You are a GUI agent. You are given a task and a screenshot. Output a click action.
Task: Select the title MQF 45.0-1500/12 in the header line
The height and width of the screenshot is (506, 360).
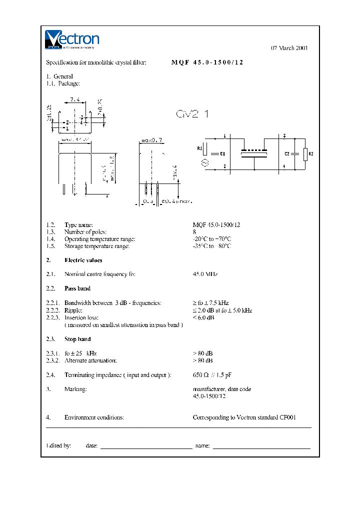(207, 62)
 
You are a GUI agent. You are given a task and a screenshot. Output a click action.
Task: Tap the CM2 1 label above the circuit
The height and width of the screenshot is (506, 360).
(192, 114)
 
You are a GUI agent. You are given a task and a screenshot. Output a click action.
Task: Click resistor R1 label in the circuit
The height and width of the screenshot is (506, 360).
(199, 148)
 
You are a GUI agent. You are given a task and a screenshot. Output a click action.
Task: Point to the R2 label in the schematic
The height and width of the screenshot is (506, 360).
(310, 153)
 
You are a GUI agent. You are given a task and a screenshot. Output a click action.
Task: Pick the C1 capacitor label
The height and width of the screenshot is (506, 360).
(222, 153)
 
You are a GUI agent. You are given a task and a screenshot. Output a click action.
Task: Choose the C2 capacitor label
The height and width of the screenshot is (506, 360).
(287, 153)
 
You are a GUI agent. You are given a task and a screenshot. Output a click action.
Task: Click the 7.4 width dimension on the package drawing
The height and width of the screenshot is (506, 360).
(74, 99)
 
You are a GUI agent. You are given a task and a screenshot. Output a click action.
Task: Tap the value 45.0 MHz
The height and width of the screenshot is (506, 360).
(205, 274)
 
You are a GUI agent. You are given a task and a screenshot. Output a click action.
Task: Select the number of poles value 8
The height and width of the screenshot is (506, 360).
(194, 232)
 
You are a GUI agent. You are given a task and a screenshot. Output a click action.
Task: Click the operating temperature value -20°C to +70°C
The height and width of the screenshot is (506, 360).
(212, 239)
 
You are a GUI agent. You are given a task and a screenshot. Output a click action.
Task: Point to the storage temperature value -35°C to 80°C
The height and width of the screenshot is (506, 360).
(212, 246)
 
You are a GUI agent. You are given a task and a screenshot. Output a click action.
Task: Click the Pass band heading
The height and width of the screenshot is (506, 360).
(77, 288)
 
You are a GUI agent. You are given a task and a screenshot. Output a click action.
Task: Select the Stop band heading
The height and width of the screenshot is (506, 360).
(77, 339)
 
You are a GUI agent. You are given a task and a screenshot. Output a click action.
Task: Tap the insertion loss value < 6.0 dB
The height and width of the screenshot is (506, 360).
(203, 317)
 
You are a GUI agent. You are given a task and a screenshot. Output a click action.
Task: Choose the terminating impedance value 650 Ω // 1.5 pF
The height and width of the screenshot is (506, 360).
(212, 375)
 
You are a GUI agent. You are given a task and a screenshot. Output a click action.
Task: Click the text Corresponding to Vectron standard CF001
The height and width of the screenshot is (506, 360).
(244, 417)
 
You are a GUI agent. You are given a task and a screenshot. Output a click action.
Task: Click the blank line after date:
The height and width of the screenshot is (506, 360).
(146, 447)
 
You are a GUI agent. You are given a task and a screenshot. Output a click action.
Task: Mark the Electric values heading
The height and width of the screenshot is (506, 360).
(83, 260)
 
